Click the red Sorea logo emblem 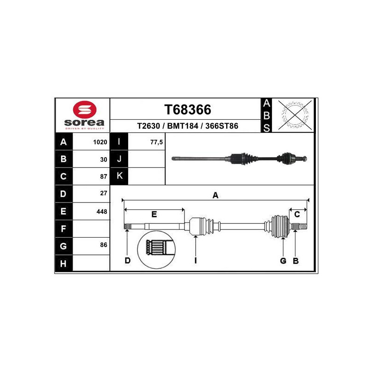85,110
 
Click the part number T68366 188,110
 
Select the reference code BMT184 183,126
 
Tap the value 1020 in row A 100,142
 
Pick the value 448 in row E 102,211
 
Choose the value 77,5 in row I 156,142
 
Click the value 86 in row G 104,245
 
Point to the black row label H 63,263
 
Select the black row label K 119,176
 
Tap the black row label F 63,228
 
